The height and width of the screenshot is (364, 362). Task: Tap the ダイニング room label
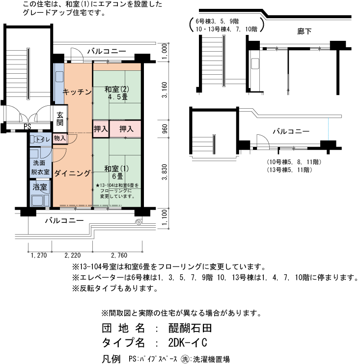point(72,173)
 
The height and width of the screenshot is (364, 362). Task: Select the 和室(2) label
point(117,90)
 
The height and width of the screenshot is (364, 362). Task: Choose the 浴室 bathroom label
point(39,187)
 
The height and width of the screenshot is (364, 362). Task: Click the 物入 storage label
point(60,139)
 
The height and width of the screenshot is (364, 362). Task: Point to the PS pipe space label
point(28,126)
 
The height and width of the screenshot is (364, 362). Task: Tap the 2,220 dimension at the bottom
point(73,255)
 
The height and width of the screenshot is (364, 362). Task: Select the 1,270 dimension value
point(38,255)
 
